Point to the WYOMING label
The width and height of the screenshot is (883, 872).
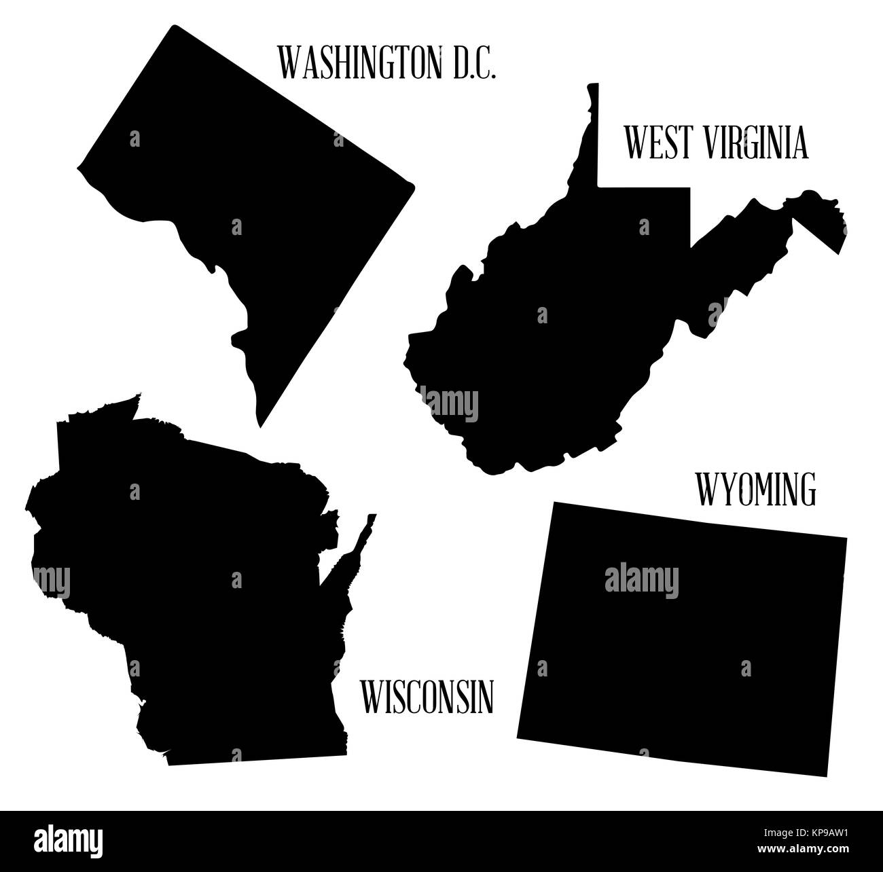click(756, 489)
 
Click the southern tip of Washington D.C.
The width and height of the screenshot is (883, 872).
click(260, 424)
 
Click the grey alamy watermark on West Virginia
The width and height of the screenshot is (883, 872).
click(448, 403)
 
